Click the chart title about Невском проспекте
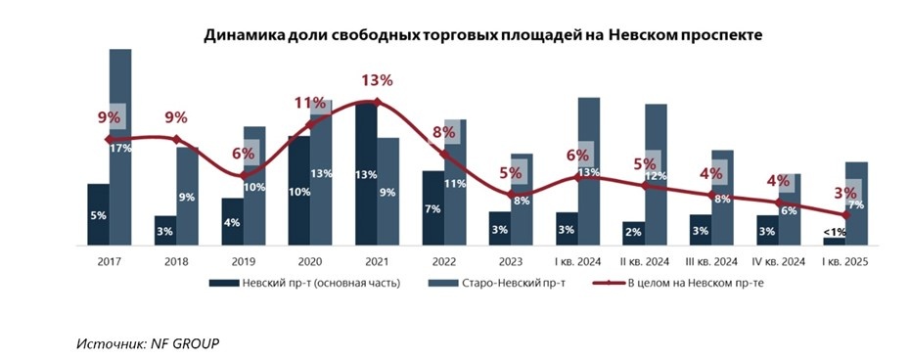coord(482,34)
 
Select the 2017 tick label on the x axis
coord(110,261)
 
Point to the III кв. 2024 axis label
coord(711,261)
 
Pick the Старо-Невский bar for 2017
coord(120,147)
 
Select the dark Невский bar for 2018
coord(164,230)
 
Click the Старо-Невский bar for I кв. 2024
coord(589,170)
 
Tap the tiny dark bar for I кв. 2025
coord(835,241)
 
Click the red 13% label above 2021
coord(377,80)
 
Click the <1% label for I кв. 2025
coord(835,231)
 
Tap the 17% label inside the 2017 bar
coord(121,149)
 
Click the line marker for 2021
coord(377,102)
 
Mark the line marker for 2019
coord(243,175)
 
